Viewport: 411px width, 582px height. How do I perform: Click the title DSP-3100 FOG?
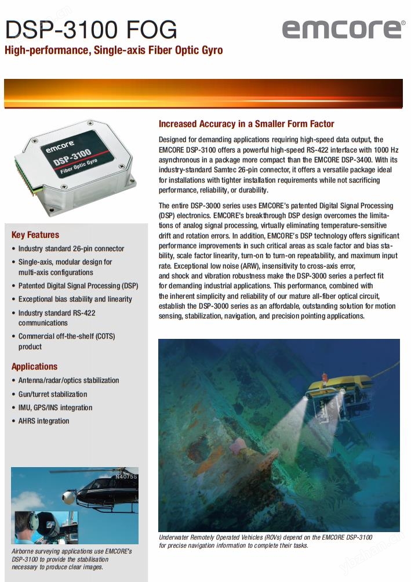(x=91, y=29)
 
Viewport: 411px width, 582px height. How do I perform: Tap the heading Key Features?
(x=35, y=235)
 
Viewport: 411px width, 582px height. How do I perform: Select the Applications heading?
(x=35, y=367)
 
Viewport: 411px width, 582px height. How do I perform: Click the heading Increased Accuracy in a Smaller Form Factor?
(x=246, y=124)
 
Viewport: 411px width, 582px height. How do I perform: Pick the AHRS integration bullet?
(x=43, y=421)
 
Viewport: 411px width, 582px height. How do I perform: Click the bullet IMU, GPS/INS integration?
(x=55, y=407)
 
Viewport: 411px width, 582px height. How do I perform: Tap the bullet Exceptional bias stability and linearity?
(x=75, y=299)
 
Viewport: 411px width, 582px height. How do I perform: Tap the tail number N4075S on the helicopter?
(x=126, y=477)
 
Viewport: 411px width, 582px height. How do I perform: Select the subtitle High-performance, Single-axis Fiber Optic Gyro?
(x=114, y=50)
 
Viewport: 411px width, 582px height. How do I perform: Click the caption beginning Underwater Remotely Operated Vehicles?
(x=265, y=541)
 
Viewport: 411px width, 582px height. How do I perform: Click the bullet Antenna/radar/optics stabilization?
(x=68, y=381)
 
